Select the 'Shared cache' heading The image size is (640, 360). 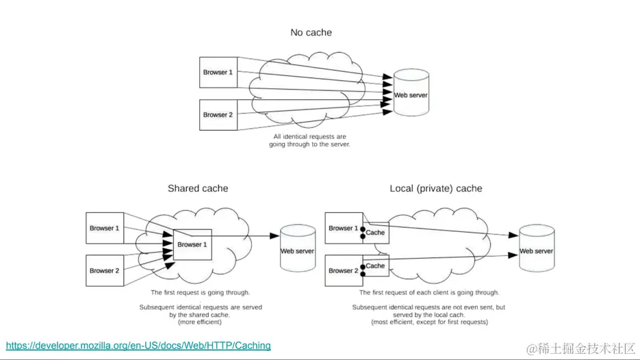(x=198, y=188)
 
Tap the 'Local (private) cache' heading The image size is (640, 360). (x=436, y=188)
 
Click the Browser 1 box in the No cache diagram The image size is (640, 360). (x=218, y=72)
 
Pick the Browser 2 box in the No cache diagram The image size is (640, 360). (x=218, y=114)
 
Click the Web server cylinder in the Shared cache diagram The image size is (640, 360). (x=298, y=250)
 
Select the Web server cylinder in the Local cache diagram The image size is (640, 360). (x=536, y=250)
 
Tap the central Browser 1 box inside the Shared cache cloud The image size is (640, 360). (x=192, y=244)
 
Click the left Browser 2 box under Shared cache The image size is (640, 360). (x=105, y=270)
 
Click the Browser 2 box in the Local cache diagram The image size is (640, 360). (x=343, y=270)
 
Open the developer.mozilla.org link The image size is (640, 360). (x=138, y=346)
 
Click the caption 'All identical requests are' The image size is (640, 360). (x=309, y=137)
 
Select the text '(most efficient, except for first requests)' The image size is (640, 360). (x=429, y=322)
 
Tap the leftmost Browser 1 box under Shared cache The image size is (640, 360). (x=105, y=228)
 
